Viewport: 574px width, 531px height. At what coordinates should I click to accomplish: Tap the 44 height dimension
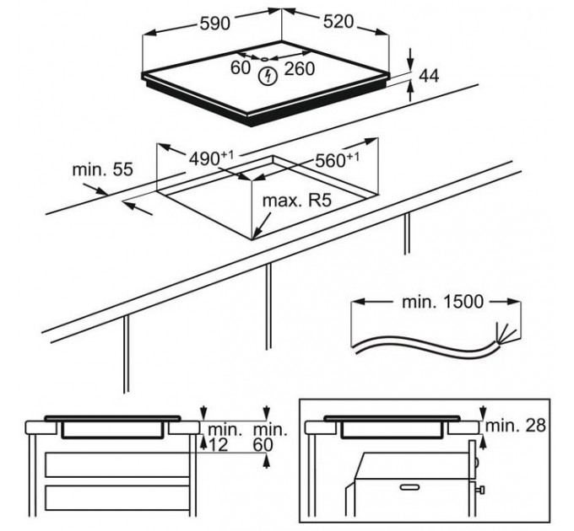pos(430,77)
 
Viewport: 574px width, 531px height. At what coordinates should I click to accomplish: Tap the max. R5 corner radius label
pos(291,203)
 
